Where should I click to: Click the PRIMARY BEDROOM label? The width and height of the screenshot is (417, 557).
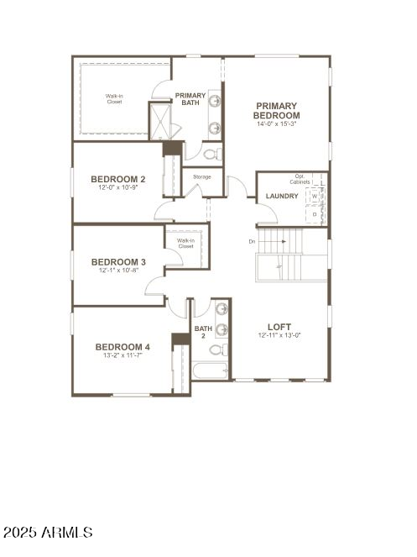(277, 110)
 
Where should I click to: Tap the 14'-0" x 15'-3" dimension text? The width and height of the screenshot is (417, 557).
(277, 123)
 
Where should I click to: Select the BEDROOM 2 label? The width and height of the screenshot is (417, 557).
(118, 179)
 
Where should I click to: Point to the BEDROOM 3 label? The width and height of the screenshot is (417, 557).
(118, 262)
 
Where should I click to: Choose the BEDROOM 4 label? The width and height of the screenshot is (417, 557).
(122, 347)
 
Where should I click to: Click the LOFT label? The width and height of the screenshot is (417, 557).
(279, 327)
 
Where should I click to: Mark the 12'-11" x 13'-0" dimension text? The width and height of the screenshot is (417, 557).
(279, 335)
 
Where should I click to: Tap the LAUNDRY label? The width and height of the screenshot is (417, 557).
(282, 197)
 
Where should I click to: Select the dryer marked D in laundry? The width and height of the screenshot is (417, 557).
(315, 214)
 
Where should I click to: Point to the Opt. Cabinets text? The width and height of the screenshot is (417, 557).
(300, 179)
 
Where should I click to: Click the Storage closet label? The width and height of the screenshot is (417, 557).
(201, 176)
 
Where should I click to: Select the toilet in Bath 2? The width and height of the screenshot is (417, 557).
(216, 349)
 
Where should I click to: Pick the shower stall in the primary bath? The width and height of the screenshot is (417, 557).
(159, 121)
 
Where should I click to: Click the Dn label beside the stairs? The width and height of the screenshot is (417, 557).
(252, 242)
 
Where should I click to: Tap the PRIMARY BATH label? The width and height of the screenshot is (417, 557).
(190, 99)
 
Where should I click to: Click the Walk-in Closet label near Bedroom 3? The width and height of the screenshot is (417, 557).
(185, 244)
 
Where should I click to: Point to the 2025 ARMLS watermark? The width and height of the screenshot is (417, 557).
(48, 533)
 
